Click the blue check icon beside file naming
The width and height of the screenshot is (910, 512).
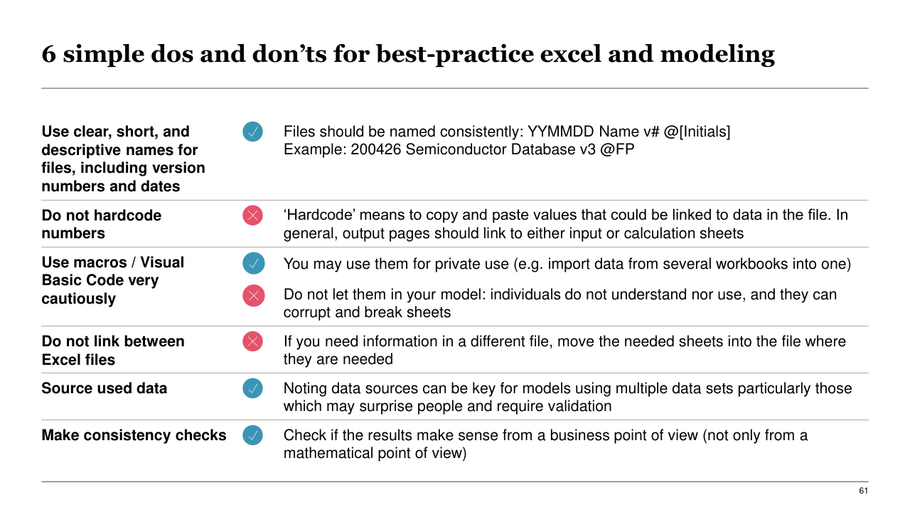[x=252, y=132]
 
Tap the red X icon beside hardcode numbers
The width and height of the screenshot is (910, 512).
[x=252, y=215]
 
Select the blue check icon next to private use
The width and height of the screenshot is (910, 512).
[x=254, y=263]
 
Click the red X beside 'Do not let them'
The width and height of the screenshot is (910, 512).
[x=254, y=295]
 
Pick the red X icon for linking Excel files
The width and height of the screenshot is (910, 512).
[x=252, y=341]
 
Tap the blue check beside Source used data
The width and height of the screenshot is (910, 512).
[x=252, y=388]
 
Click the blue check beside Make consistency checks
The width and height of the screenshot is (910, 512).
[x=252, y=435]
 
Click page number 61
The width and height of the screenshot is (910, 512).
[x=863, y=491]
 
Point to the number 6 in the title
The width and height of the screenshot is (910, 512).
[x=49, y=54]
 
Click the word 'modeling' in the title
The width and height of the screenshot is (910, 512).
[x=717, y=55]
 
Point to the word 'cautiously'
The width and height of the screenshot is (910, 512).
[x=79, y=299]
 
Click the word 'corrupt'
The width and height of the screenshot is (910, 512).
[x=306, y=313]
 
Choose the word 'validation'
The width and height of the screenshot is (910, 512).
[x=577, y=406]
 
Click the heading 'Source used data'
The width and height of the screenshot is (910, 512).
[x=105, y=388]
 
